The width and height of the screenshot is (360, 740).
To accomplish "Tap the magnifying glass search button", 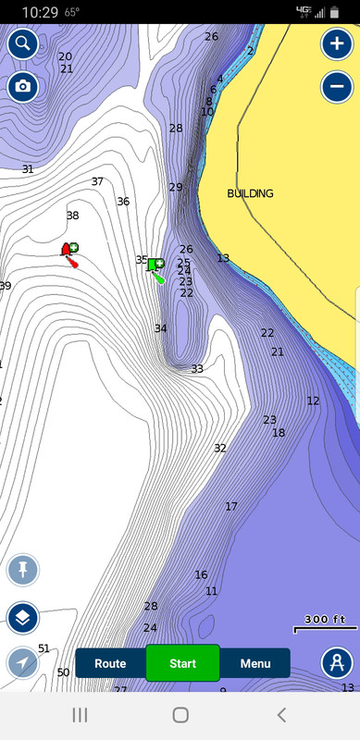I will pyautogui.click(x=22, y=43).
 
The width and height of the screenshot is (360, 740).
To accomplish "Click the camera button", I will pyautogui.click(x=22, y=86).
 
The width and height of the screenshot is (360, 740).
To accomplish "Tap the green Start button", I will pyautogui.click(x=182, y=663).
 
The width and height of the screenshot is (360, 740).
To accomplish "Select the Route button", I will pyautogui.click(x=110, y=663).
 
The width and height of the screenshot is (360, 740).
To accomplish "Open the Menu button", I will pyautogui.click(x=255, y=663).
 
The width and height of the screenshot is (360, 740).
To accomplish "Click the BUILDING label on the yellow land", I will pyautogui.click(x=250, y=194).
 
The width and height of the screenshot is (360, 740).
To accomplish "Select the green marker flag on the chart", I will pyautogui.click(x=155, y=266).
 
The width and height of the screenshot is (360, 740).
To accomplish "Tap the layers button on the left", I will pyautogui.click(x=22, y=616).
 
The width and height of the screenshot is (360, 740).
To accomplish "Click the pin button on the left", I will pyautogui.click(x=22, y=570).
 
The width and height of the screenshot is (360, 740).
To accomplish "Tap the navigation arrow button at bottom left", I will pyautogui.click(x=22, y=662).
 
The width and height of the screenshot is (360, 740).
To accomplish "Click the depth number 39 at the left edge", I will pyautogui.click(x=5, y=287).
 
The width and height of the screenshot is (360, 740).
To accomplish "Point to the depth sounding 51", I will pyautogui.click(x=43, y=648).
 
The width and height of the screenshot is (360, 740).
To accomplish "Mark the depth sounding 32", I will pyautogui.click(x=220, y=448).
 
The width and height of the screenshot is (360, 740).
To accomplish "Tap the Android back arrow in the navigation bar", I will pyautogui.click(x=281, y=714).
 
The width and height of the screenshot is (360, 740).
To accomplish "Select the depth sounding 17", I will pyautogui.click(x=231, y=506).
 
